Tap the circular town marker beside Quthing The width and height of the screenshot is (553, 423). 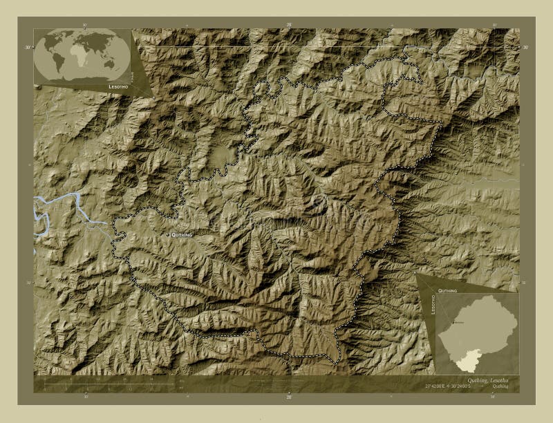167,235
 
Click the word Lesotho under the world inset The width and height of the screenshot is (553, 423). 117,87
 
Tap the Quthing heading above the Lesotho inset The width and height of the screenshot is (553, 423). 447,291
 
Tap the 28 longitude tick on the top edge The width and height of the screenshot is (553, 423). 290,26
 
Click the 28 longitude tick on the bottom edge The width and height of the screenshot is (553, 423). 290,397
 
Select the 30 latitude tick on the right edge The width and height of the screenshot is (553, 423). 525,47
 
